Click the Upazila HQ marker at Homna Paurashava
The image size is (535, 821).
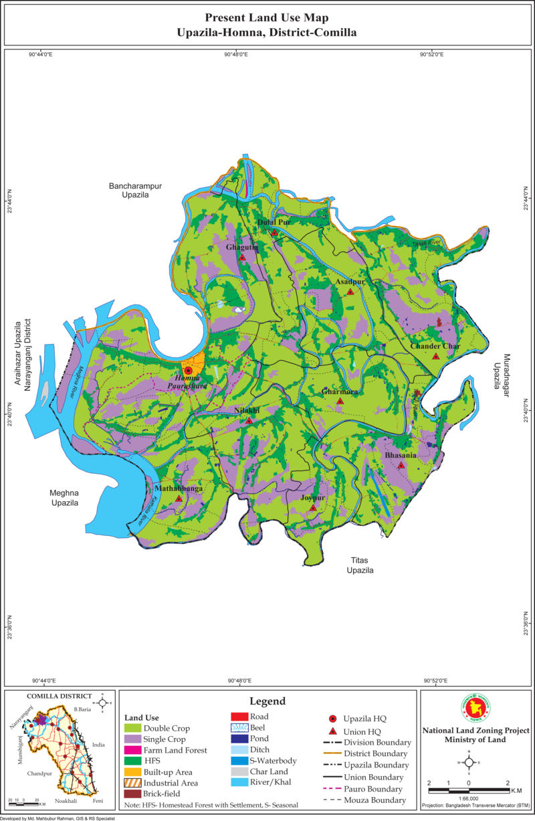tap(188, 370)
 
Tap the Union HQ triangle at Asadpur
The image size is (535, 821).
tap(350, 292)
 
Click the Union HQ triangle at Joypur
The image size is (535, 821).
tap(312, 509)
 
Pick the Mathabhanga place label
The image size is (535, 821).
tap(179, 489)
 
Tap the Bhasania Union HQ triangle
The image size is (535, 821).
tap(401, 465)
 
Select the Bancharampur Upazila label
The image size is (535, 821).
tap(136, 189)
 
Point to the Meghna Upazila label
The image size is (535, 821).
tap(65, 498)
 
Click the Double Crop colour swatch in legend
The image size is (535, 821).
tap(132, 728)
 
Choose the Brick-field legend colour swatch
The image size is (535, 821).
tap(132, 794)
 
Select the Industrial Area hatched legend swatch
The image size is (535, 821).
tap(132, 783)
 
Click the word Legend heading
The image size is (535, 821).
tap(267, 701)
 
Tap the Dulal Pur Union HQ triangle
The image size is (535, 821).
tap(274, 233)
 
